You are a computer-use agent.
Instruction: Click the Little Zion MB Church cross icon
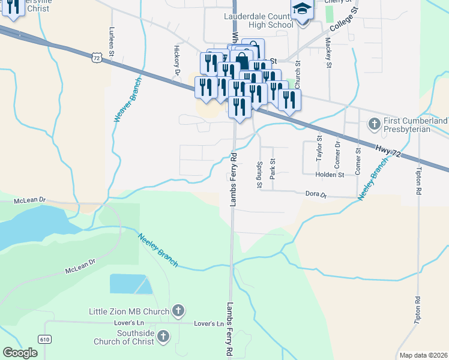click(x=178, y=310)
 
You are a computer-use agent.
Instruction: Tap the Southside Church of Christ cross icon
click(x=162, y=337)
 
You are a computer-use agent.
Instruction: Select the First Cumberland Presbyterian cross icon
click(x=373, y=125)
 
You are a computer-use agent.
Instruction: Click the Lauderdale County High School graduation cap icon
click(x=302, y=10)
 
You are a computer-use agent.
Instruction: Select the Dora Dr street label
click(x=315, y=194)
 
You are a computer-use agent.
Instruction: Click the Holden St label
click(x=331, y=175)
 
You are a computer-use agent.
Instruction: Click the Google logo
click(x=20, y=353)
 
